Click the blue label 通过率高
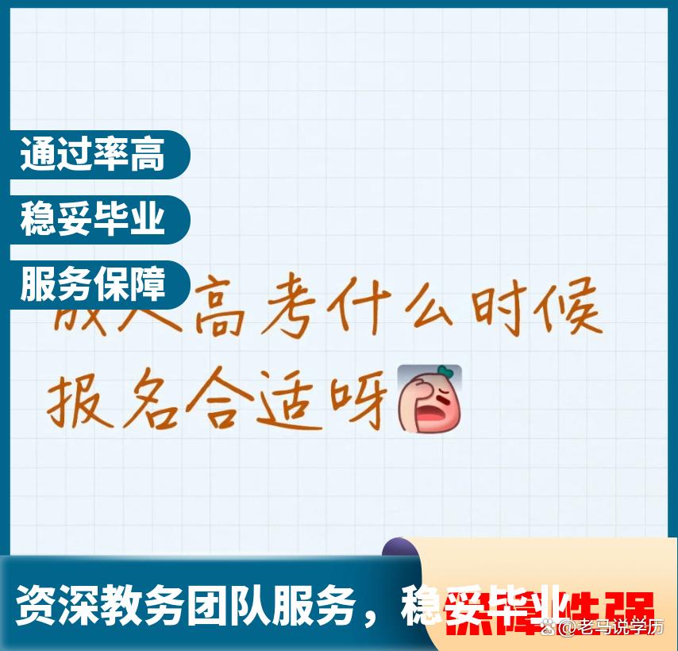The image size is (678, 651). point(93,154)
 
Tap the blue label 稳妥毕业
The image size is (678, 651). point(93,219)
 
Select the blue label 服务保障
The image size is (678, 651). point(93,284)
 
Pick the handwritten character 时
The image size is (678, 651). point(500,308)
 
